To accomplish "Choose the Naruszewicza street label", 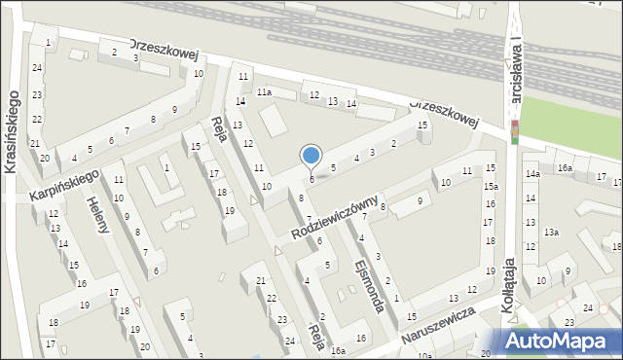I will tap(438, 328).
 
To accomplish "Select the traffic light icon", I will tap(515, 132).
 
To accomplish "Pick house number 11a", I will tap(264, 91).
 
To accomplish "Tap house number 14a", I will tap(532, 174).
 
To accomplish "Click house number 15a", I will tap(492, 186).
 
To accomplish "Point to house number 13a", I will tap(552, 232).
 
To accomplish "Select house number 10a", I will tap(424, 356).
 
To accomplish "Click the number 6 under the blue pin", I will tap(311, 179).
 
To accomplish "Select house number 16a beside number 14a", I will tap(565, 168).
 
